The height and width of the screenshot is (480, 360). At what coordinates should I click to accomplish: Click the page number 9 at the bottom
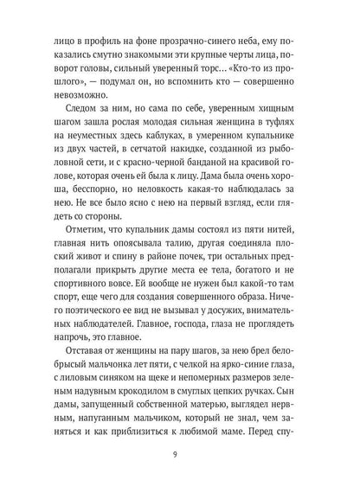[x=179, y=450]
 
